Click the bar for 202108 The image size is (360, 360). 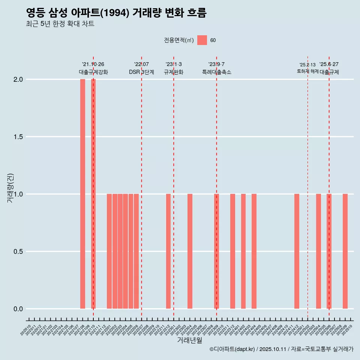coord(82,194)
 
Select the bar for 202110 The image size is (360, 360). coord(93,194)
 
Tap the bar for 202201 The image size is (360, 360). coord(109,251)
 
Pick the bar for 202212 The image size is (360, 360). coord(168,251)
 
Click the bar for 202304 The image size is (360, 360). coord(190,251)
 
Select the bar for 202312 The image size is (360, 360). coord(232,251)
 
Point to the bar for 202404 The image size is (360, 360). coord(254,251)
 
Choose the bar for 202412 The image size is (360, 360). coord(297,251)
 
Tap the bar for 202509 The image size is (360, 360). coord(345,251)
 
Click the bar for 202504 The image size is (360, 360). coord(318,251)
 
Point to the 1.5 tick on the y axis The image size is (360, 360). coord(18,137)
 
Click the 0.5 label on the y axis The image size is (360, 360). coord(18,252)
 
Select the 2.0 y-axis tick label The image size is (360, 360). coord(18,79)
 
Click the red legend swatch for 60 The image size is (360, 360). coord(202,40)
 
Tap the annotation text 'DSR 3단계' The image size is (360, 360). coord(141,72)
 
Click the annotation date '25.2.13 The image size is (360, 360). coord(307,65)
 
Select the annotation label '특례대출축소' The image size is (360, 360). coord(216,72)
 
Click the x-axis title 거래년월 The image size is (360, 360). coord(189,340)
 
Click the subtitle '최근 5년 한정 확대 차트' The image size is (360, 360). coord(60,24)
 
